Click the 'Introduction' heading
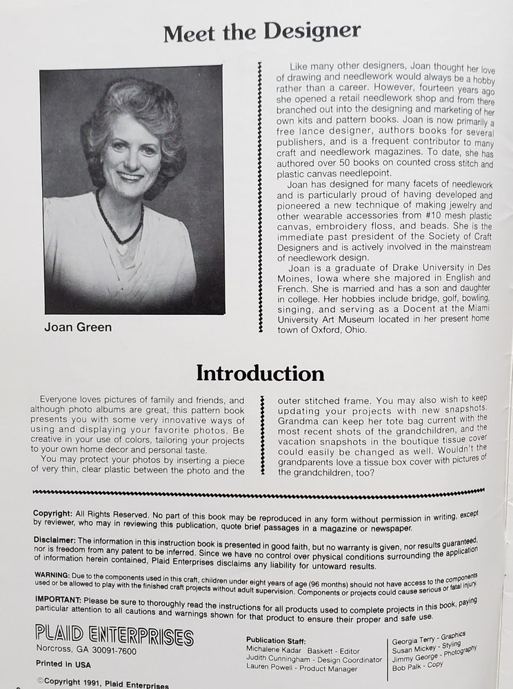point(260,373)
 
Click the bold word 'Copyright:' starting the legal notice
point(52,513)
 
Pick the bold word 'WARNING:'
point(52,574)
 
